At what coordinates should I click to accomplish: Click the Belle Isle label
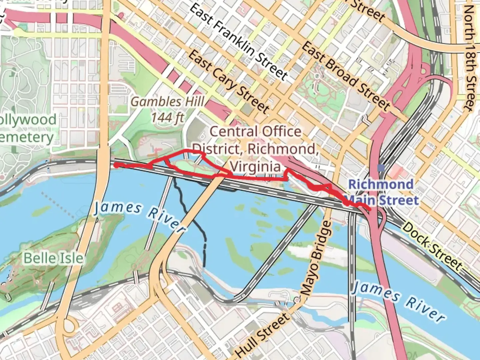53,258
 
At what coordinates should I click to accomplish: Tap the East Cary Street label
229,82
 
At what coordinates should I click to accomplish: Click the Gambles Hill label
168,102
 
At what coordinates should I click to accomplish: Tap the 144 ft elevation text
168,117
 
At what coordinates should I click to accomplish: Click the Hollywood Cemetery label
27,129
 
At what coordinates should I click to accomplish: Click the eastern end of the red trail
370,209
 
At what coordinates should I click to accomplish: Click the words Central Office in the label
255,131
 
